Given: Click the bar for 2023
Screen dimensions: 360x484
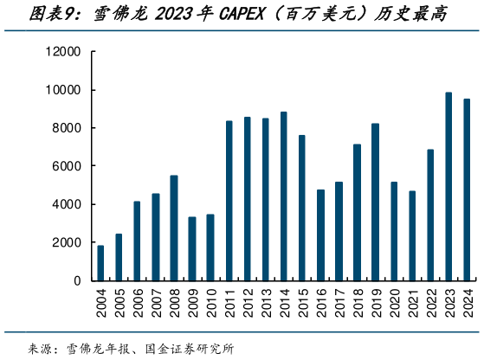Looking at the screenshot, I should click(x=449, y=186).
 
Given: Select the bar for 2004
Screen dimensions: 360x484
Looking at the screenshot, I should click(x=100, y=263).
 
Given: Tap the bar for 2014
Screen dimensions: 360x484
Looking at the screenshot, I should click(x=283, y=196).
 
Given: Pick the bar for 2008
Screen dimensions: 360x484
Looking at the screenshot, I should click(x=174, y=228).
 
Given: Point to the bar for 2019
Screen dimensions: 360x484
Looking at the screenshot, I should click(x=375, y=202).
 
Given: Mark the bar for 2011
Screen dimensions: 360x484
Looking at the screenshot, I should click(x=229, y=200).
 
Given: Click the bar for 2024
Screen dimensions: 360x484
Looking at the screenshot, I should click(x=467, y=190).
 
